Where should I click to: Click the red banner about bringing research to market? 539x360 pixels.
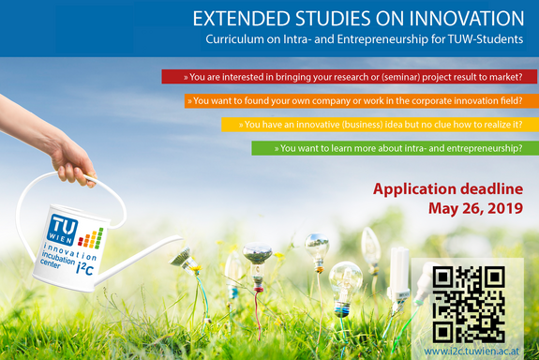pyautogui.click(x=350, y=77)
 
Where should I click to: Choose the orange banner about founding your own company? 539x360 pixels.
pyautogui.click(x=361, y=100)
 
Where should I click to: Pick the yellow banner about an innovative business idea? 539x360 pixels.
pyautogui.click(x=380, y=124)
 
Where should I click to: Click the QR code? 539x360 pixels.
pyautogui.click(x=469, y=303)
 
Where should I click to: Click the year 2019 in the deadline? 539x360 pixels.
pyautogui.click(x=502, y=208)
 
